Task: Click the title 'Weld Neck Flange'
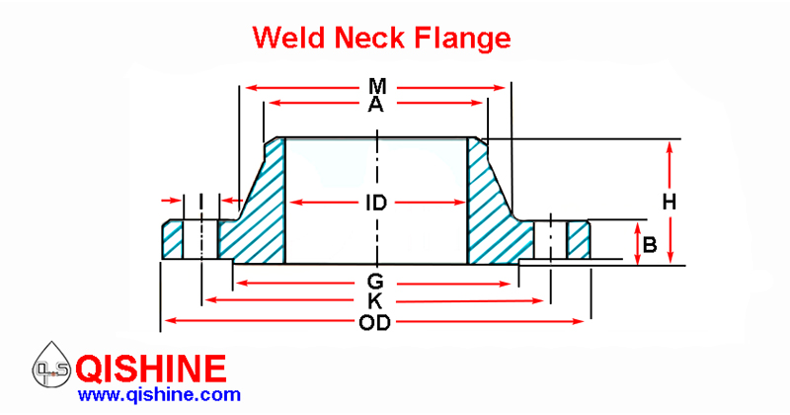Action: [x=381, y=38]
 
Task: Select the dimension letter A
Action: [x=375, y=105]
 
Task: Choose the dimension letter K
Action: [x=375, y=300]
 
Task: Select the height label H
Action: [x=669, y=202]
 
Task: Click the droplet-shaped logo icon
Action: [x=49, y=370]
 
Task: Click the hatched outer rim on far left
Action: [x=174, y=240]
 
